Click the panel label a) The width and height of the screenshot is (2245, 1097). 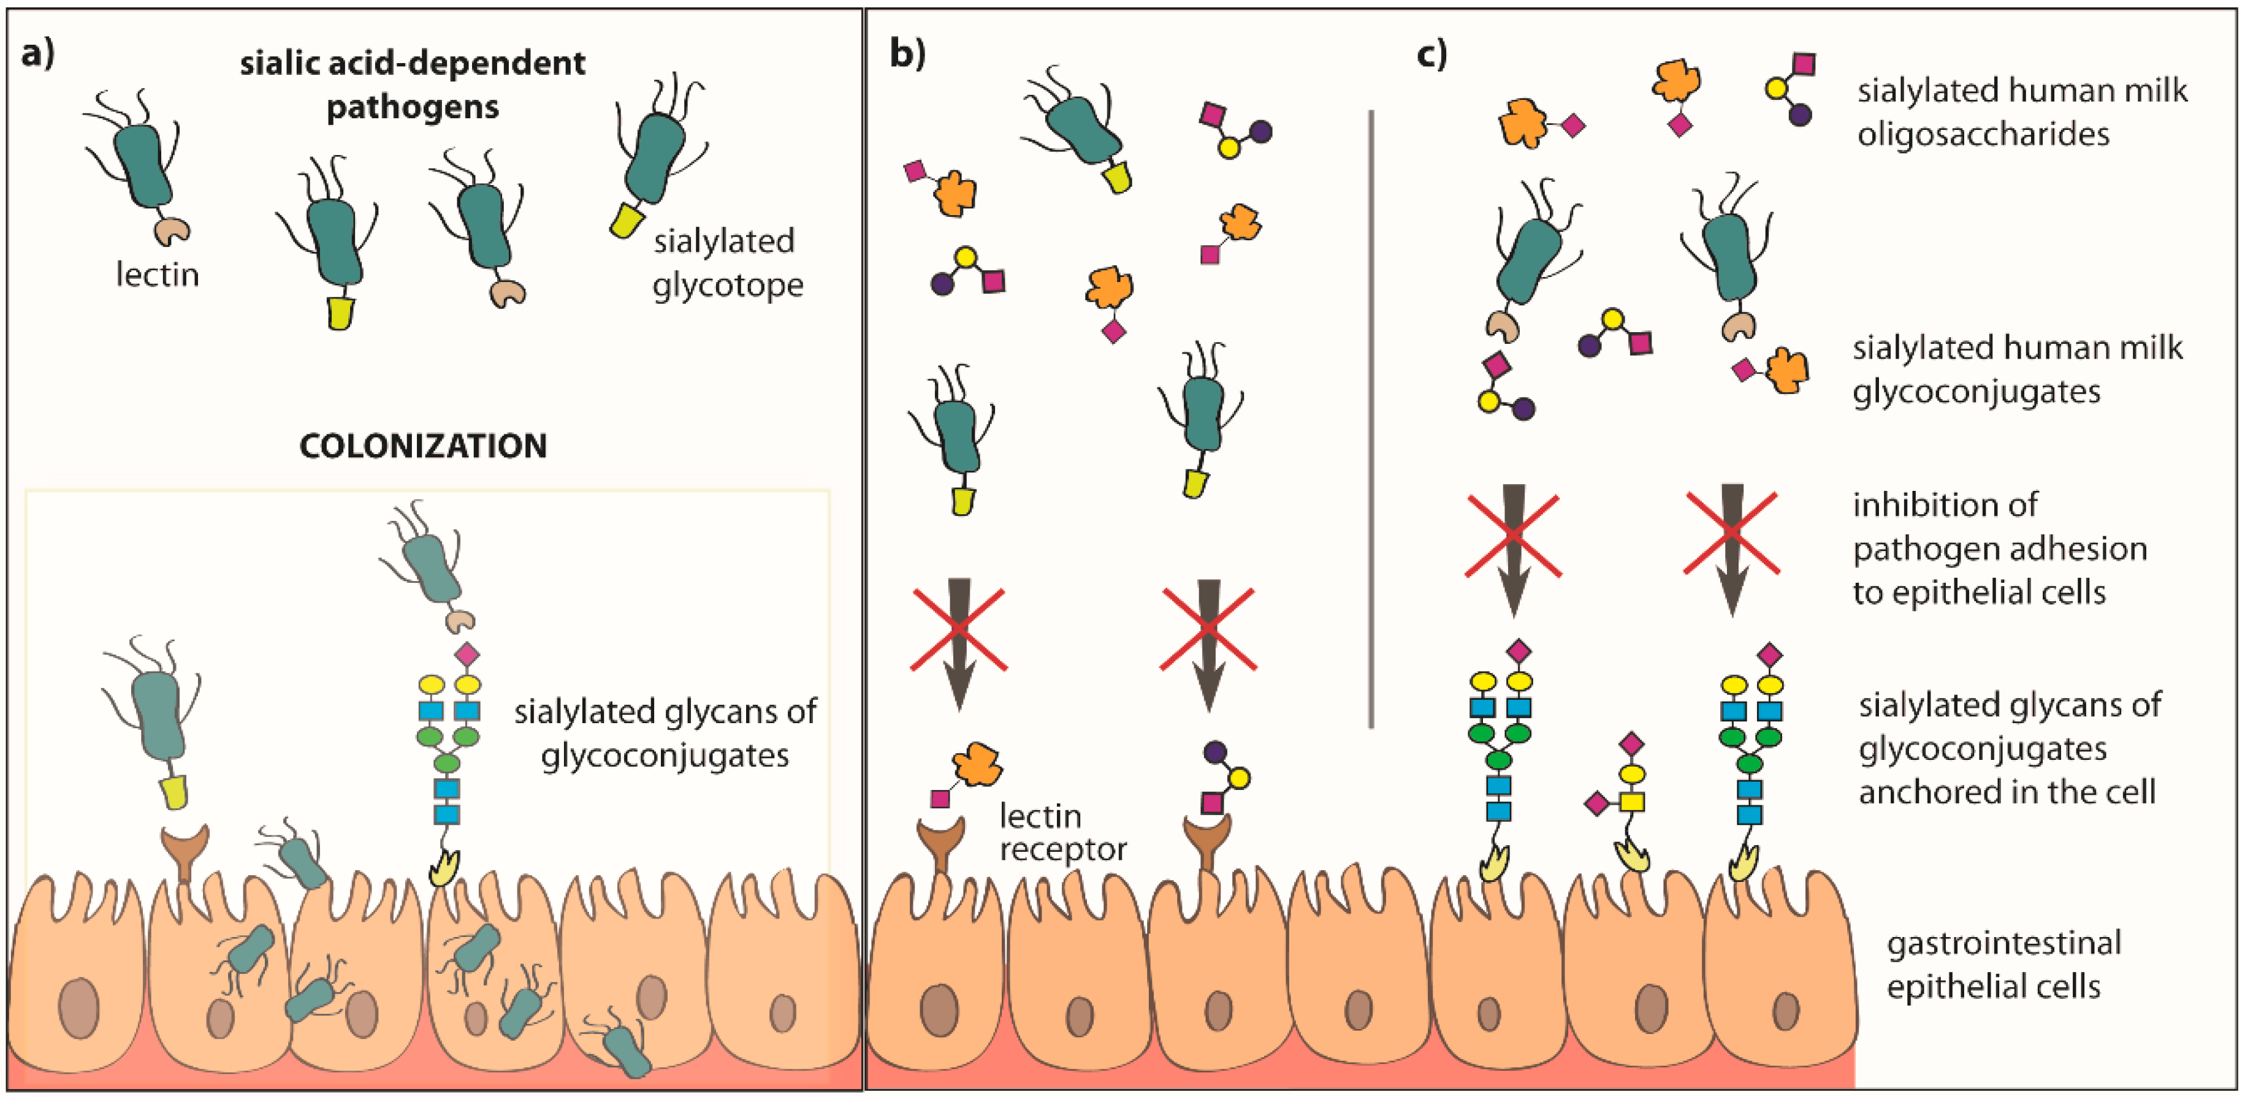click(37, 54)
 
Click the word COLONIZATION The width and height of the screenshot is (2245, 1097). click(422, 446)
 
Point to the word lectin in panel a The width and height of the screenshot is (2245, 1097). click(158, 275)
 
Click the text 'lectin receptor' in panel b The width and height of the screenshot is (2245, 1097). click(1061, 832)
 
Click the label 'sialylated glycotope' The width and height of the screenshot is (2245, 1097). click(727, 262)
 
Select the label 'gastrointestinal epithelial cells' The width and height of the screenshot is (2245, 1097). click(2003, 965)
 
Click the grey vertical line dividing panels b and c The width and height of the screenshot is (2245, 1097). click(1371, 418)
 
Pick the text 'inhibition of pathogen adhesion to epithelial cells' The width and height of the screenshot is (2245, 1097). click(1999, 548)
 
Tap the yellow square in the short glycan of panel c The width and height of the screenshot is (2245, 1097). click(1631, 802)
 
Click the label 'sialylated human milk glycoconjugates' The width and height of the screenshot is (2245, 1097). click(2016, 370)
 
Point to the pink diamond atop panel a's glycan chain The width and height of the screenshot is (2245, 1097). click(467, 653)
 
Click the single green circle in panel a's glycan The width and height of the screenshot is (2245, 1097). click(447, 763)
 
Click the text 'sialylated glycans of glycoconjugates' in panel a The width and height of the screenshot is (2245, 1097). click(664, 733)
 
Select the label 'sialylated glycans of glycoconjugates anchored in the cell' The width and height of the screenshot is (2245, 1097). click(2009, 748)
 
